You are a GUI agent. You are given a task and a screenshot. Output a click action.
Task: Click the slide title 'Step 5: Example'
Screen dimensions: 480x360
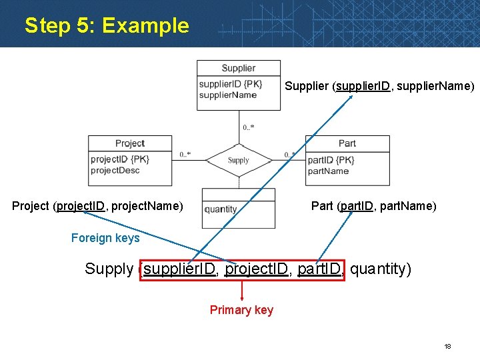tap(107, 26)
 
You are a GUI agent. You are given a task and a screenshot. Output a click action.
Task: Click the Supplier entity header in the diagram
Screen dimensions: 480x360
tap(239, 68)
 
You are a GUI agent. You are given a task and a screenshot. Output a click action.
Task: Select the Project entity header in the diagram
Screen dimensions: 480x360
tap(129, 143)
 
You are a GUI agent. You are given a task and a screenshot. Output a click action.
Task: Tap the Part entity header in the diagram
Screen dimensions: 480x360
tap(347, 143)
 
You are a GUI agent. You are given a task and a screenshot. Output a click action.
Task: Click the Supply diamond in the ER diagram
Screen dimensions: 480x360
tap(238, 160)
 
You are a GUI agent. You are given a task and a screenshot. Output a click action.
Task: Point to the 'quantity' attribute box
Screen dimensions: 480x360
tap(221, 209)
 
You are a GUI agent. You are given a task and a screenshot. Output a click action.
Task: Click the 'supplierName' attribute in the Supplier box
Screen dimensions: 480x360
tap(227, 95)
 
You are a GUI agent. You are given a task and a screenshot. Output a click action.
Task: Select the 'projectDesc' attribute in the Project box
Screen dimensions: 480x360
tap(115, 171)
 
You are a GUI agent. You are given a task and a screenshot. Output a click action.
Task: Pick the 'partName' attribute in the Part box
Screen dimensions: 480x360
tap(328, 171)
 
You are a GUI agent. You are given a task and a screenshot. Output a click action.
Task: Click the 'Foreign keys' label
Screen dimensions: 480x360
tap(105, 238)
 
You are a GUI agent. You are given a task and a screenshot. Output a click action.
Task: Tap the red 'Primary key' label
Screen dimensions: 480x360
tap(241, 310)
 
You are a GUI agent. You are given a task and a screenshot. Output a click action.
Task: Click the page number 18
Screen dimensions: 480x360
tap(448, 347)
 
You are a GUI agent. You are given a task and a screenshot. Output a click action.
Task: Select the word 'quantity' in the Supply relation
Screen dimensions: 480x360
tap(380, 269)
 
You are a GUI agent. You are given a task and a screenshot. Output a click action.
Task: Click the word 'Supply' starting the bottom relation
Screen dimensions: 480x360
tap(109, 269)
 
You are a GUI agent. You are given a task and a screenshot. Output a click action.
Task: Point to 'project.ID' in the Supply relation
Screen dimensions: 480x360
tap(257, 269)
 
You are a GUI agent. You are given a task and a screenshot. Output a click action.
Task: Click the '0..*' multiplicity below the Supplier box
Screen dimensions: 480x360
tap(249, 127)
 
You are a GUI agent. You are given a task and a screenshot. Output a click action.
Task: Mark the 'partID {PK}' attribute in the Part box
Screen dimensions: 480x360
tap(331, 160)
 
